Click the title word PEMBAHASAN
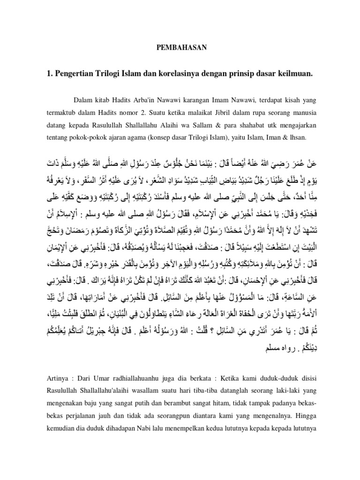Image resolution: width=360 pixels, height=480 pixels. coord(180,48)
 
